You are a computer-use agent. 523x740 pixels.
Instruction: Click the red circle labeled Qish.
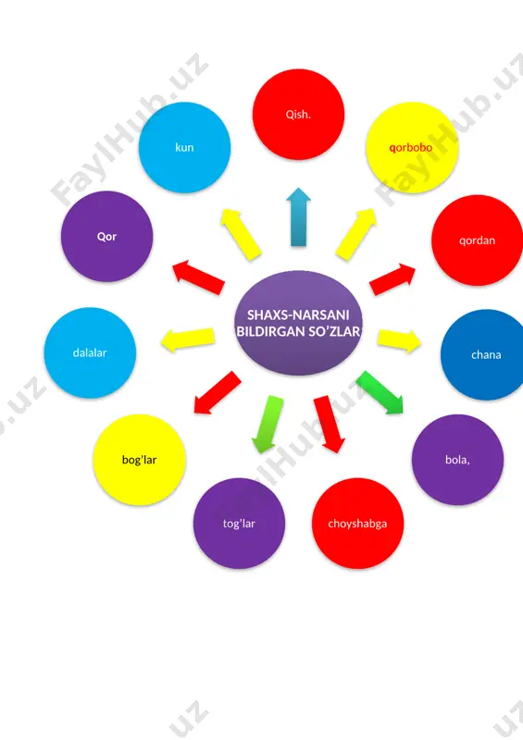pos(298,114)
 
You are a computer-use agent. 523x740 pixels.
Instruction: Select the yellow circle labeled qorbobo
pos(412,147)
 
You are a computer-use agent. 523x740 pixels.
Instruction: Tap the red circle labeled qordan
pos(477,240)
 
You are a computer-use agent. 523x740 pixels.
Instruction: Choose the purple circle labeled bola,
pos(457,459)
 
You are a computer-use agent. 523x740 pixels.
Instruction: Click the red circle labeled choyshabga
pos(357,523)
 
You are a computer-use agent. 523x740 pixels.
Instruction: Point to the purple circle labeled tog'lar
pos(239,523)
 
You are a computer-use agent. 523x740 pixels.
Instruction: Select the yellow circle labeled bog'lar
pos(139,459)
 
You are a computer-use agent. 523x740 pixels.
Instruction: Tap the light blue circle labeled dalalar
pos(90,352)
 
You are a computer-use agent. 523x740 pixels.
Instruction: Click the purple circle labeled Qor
pos(106,236)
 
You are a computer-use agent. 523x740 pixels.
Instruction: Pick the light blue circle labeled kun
pos(184,147)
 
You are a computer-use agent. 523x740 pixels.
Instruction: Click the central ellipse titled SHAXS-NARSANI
pos(298,323)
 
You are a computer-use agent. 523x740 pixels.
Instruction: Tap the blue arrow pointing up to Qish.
pos(298,217)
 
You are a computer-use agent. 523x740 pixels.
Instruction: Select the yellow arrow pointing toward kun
pos(241,234)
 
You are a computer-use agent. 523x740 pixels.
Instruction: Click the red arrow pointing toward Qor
pos(198,277)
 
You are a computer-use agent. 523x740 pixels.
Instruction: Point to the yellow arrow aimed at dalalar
pos(188,339)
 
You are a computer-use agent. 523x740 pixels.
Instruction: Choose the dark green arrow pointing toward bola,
pos(380,392)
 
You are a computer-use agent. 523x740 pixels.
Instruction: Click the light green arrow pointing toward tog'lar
pos(268,424)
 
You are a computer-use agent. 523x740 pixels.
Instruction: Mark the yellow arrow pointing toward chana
pos(399,340)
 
